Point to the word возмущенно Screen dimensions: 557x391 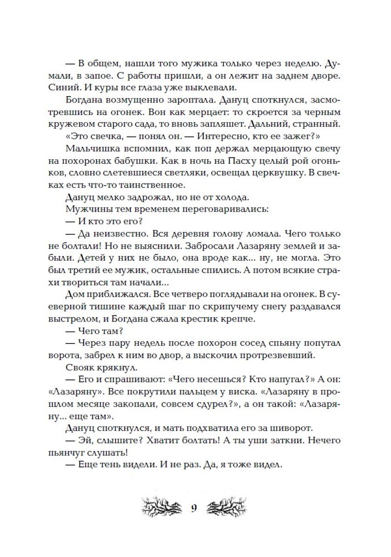click(x=130, y=100)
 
